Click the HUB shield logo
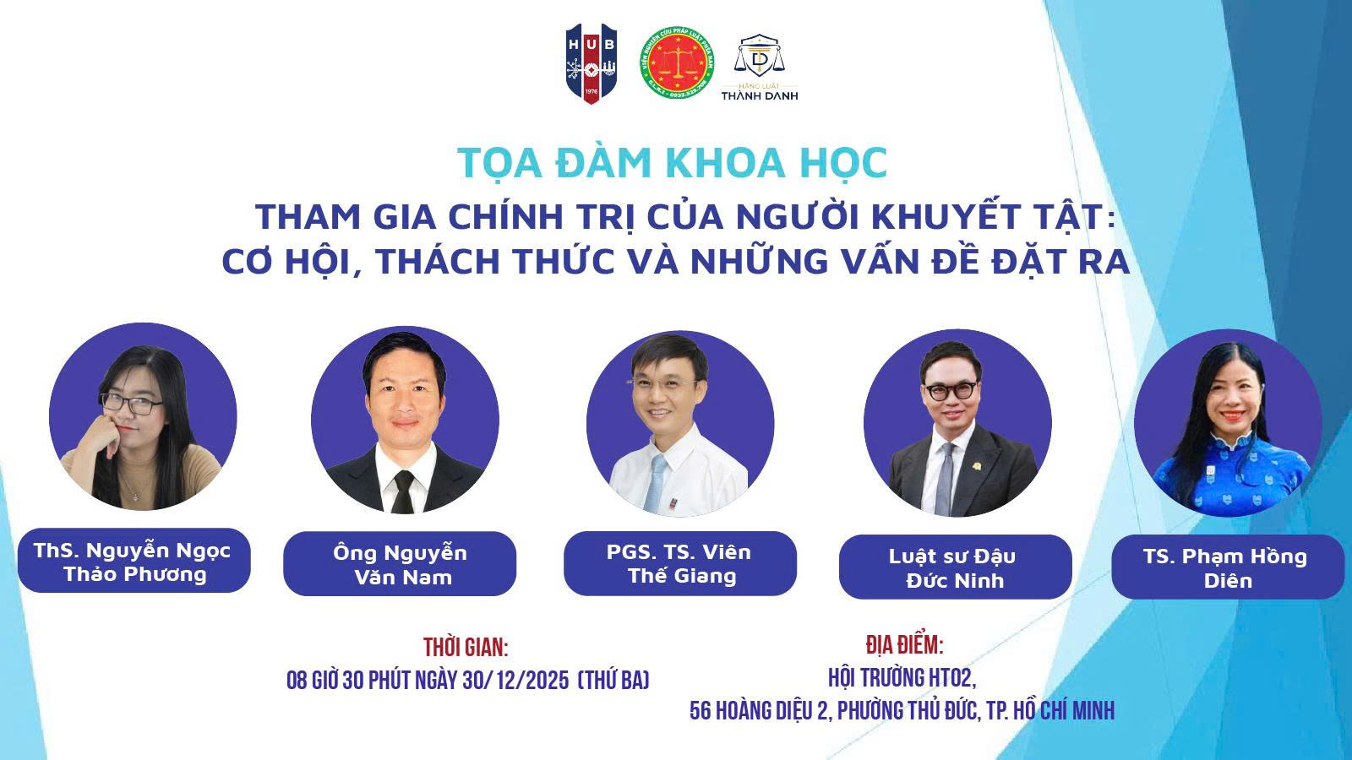[x=591, y=63]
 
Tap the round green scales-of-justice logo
[x=677, y=63]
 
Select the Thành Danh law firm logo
[x=760, y=67]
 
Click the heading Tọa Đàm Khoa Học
[x=672, y=163]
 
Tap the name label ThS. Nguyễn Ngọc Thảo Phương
[x=134, y=561]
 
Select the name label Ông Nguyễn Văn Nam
[x=400, y=564]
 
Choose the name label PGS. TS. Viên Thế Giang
[x=679, y=563]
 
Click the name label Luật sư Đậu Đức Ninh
[x=955, y=567]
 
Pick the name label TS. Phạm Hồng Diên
[x=1228, y=567]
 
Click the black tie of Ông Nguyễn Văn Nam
[x=403, y=491]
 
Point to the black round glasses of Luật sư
[x=950, y=392]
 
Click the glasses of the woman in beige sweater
[x=132, y=404]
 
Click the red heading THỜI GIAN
[x=466, y=647]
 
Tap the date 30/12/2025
[x=516, y=681]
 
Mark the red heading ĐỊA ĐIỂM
[x=904, y=645]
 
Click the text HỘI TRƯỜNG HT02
[x=902, y=678]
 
